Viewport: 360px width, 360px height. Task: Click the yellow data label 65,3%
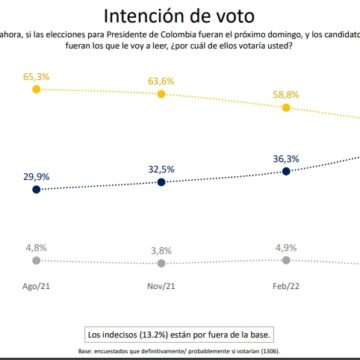[x=37, y=75]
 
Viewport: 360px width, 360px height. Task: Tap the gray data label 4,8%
[x=37, y=243]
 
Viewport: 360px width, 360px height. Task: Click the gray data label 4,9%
[x=286, y=244]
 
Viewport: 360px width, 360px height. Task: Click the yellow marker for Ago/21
[x=37, y=89]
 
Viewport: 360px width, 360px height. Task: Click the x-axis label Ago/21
[x=37, y=284]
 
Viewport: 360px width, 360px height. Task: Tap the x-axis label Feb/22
[x=286, y=284]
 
